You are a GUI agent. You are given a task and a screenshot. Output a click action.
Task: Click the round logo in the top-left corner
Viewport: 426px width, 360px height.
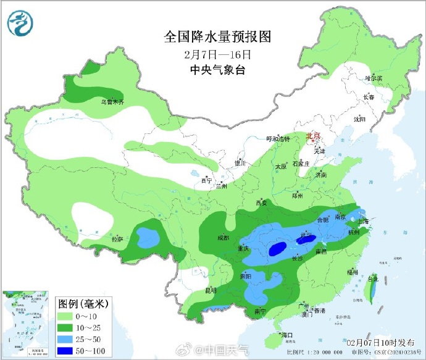[x=20, y=23]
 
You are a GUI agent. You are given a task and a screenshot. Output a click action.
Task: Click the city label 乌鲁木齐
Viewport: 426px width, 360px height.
[x=112, y=101]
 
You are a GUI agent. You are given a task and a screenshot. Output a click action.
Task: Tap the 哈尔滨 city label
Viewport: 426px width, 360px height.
[x=374, y=78]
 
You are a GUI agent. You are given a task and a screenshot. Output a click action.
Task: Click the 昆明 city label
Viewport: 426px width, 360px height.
[x=210, y=290]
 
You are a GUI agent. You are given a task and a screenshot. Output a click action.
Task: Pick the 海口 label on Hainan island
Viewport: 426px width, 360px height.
[x=286, y=335]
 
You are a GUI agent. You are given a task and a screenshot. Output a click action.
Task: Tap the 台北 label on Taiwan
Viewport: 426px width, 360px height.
[x=373, y=279]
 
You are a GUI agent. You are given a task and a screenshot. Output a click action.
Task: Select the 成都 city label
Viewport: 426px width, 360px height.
[x=223, y=238]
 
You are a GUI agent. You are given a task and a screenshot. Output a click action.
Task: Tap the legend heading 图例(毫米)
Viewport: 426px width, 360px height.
[x=83, y=303]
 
